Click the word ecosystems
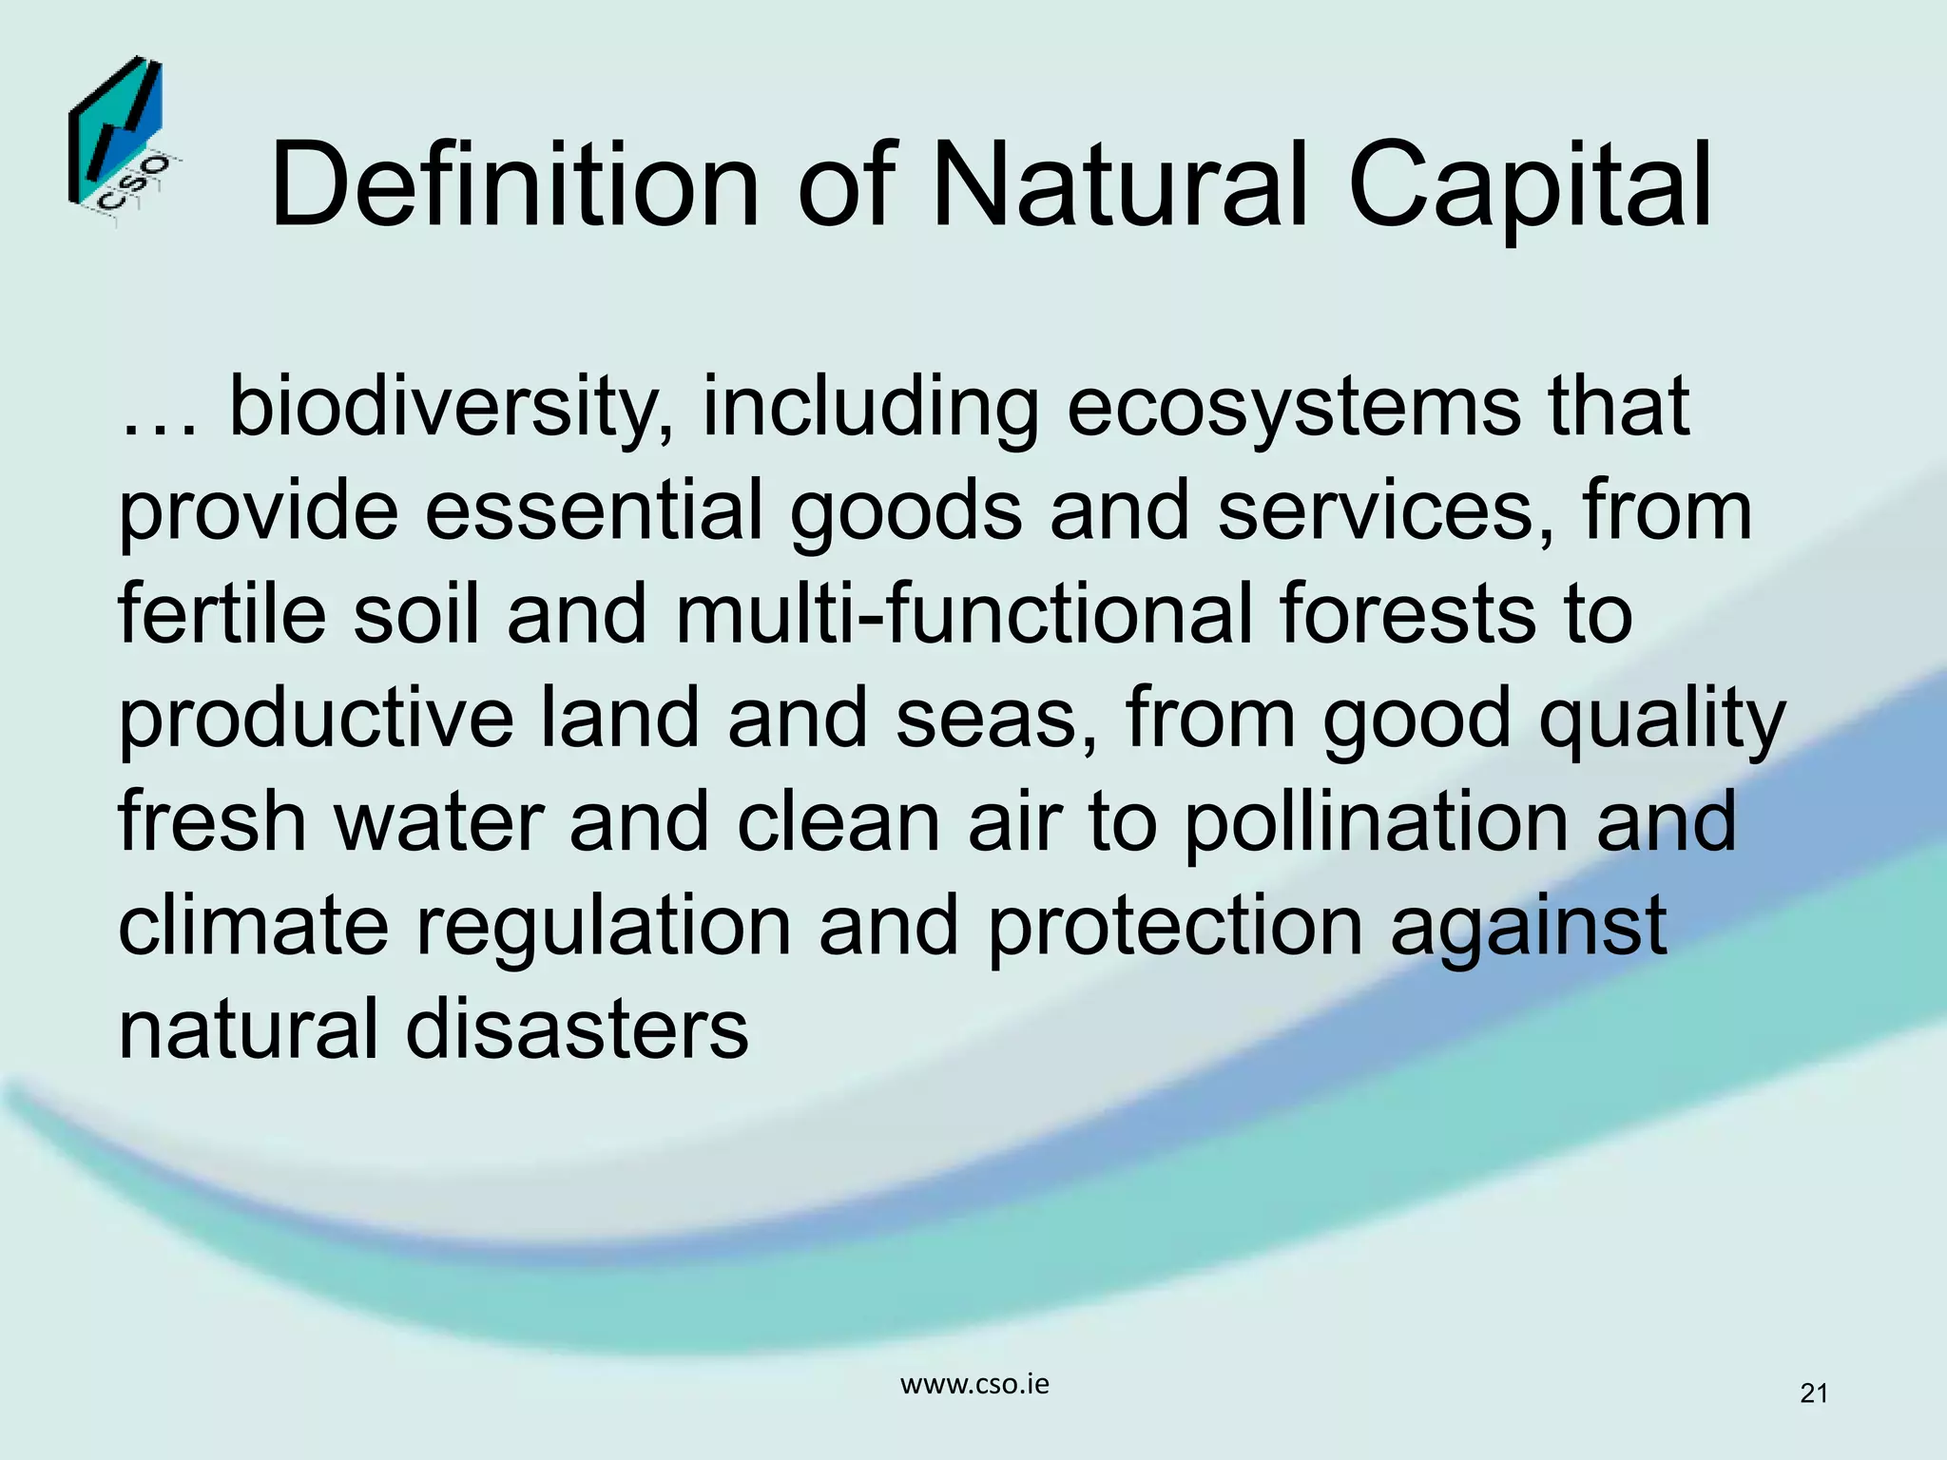(1294, 409)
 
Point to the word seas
(997, 720)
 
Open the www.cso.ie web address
(974, 1385)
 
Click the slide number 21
(1814, 1394)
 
